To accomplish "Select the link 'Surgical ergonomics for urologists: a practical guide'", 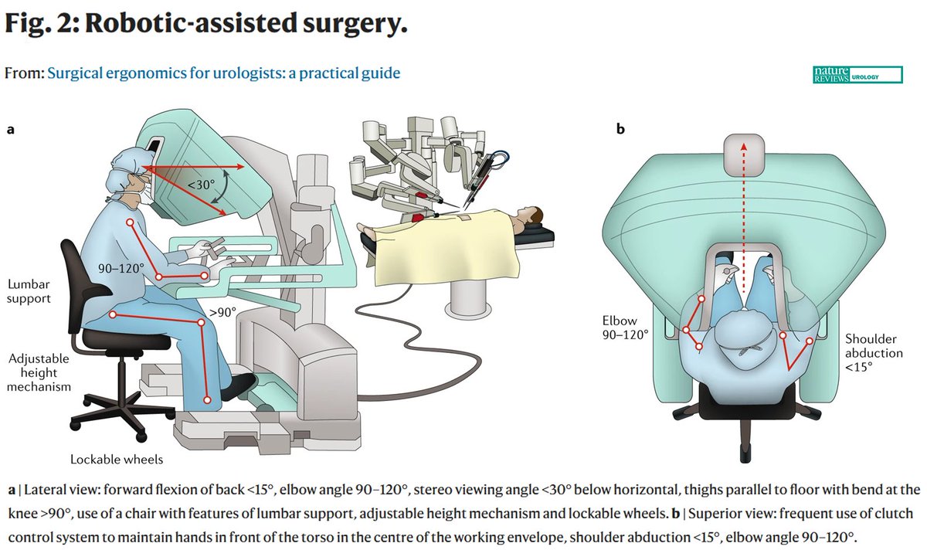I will pos(223,73).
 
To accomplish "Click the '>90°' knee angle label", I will pos(222,313).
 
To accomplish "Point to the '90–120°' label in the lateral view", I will pos(121,268).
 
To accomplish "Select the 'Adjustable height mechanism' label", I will pos(39,373).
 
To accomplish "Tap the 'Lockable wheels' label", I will pos(117,459).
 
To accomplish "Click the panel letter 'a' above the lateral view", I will pos(11,130).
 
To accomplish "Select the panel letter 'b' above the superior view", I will pos(620,130).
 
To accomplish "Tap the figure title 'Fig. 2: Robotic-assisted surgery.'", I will pos(205,25).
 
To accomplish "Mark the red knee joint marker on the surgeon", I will pos(202,326).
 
